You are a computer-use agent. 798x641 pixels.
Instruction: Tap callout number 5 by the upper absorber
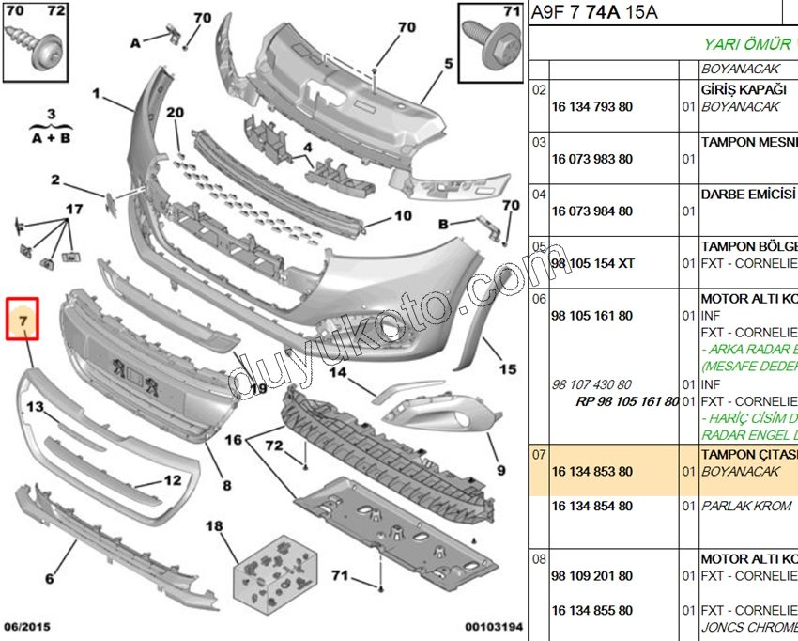pyautogui.click(x=449, y=64)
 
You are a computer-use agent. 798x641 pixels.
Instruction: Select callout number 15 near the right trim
pyautogui.click(x=508, y=369)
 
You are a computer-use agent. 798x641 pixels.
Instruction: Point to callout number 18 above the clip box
pyautogui.click(x=214, y=526)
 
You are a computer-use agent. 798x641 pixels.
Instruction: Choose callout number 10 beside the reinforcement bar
pyautogui.click(x=403, y=216)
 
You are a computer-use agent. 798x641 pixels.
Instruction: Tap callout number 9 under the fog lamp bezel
pyautogui.click(x=500, y=470)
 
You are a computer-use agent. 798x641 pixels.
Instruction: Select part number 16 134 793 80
pyautogui.click(x=591, y=107)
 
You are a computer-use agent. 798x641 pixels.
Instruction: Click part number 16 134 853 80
pyautogui.click(x=591, y=472)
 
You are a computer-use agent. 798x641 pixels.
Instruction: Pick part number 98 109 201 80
pyautogui.click(x=591, y=576)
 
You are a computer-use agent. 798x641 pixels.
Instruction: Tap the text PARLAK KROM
pyautogui.click(x=739, y=507)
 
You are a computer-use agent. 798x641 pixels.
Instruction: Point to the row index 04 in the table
pyautogui.click(x=539, y=195)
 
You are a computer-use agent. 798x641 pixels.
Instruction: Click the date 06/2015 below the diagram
pyautogui.click(x=27, y=626)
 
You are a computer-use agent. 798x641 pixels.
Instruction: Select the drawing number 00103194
pyautogui.click(x=493, y=626)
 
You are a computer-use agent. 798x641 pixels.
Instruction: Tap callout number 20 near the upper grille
pyautogui.click(x=176, y=113)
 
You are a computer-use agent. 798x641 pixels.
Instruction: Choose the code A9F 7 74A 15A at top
pyautogui.click(x=594, y=12)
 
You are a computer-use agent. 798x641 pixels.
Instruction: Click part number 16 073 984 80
pyautogui.click(x=591, y=211)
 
